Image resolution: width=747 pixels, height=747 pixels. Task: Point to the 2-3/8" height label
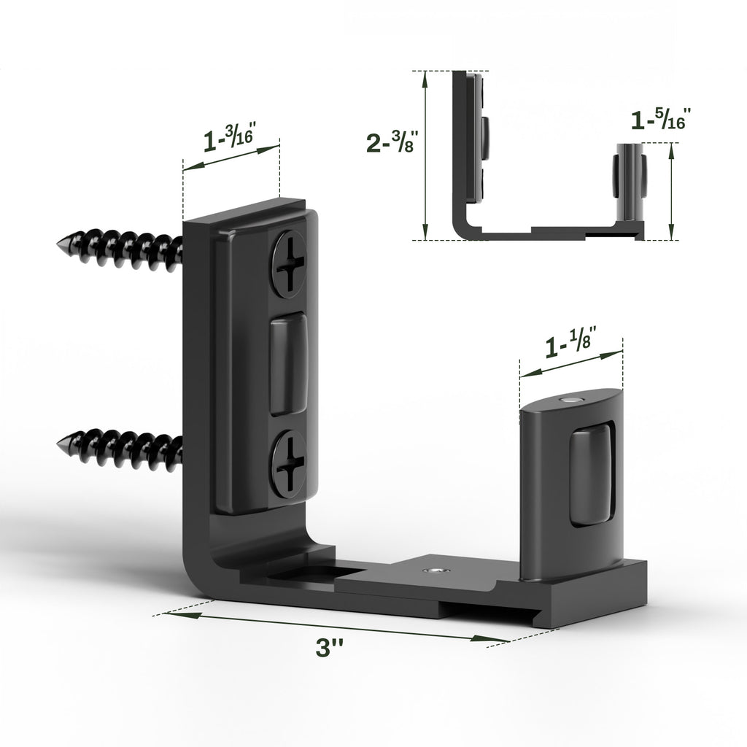(x=392, y=142)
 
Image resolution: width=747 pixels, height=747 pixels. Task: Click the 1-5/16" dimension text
(x=659, y=119)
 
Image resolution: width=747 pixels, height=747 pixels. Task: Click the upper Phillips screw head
(x=291, y=263)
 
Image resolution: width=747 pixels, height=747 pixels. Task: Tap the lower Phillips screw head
(x=290, y=463)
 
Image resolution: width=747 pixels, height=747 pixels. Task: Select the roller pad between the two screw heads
(x=288, y=364)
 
